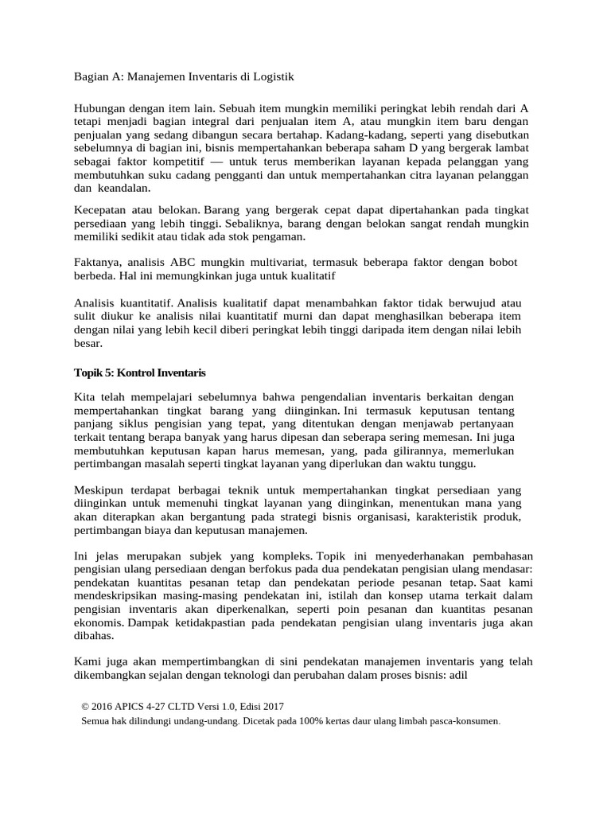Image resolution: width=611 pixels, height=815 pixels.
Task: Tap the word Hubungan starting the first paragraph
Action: point(100,107)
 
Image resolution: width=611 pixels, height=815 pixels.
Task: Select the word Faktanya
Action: point(97,263)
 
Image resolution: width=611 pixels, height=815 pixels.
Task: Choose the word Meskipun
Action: point(100,489)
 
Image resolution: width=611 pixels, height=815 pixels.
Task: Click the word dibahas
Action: point(94,637)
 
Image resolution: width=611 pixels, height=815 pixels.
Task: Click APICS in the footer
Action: point(141,706)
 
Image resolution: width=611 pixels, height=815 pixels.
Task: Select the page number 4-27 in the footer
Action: point(173,706)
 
